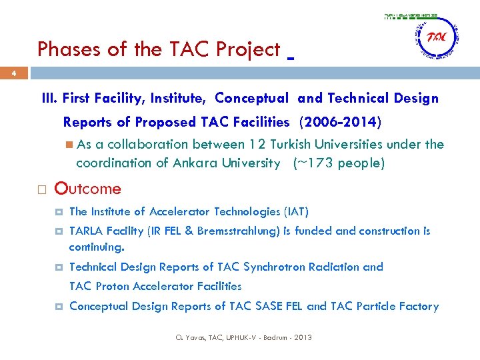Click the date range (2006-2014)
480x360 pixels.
point(341,122)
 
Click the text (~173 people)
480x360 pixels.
point(339,163)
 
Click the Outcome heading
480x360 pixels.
point(88,189)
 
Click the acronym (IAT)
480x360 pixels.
point(297,212)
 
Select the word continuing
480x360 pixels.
point(97,247)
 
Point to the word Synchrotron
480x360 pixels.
point(275,267)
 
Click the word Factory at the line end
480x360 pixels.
point(418,306)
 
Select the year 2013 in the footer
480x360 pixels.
point(301,337)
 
